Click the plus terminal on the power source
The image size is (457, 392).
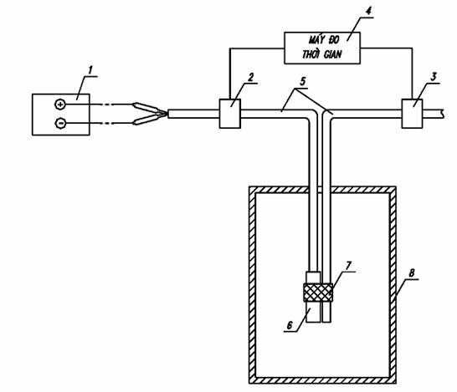(60, 104)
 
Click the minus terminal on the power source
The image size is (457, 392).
(60, 124)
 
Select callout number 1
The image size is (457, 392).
(90, 70)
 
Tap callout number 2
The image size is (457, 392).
(250, 78)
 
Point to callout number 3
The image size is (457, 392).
(434, 77)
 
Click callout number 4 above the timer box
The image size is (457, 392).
(368, 12)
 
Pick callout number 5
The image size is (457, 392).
(303, 81)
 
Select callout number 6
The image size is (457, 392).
(289, 325)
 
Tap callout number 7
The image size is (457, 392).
(348, 266)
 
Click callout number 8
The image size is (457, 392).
(412, 273)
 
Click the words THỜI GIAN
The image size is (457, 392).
(321, 54)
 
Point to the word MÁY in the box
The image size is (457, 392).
(314, 39)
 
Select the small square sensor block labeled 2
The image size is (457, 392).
(230, 114)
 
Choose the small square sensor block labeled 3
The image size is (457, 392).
(412, 114)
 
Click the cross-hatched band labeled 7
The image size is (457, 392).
(318, 293)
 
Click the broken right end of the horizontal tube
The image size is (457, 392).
(443, 114)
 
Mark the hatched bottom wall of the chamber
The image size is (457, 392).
(322, 380)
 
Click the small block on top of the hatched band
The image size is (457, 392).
(313, 277)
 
